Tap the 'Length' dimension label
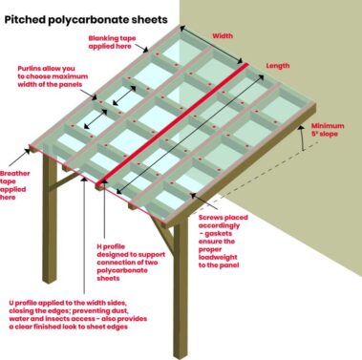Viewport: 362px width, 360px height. click(278, 66)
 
